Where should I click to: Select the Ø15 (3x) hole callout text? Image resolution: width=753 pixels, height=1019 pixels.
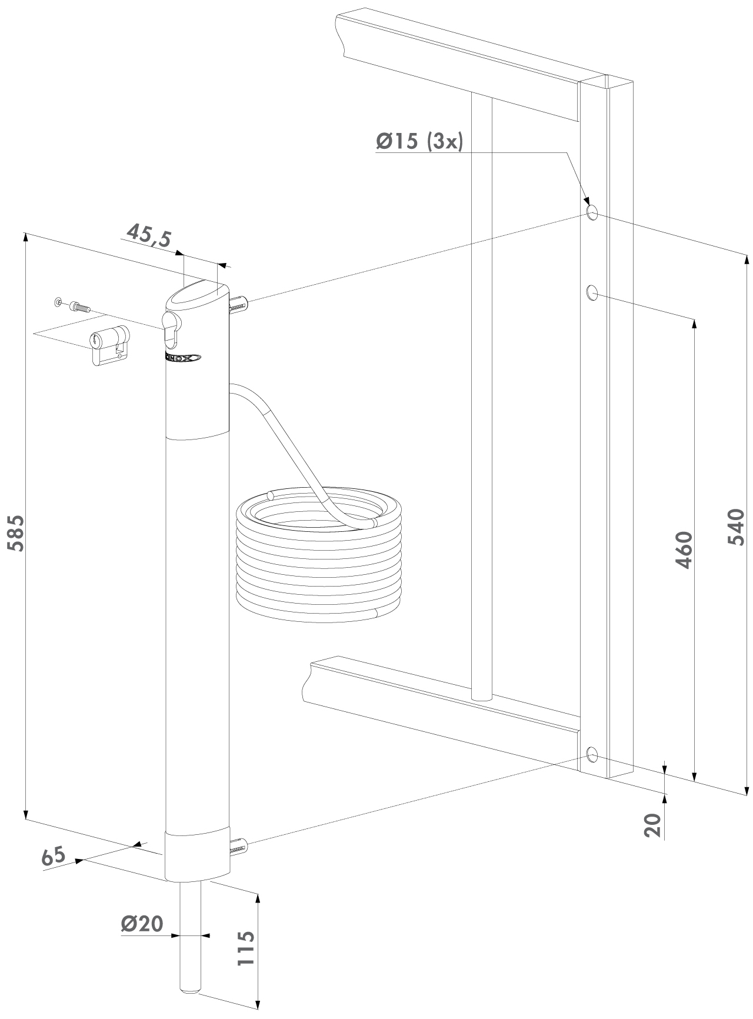coord(419,141)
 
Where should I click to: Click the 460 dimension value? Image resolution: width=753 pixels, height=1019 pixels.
coord(683,551)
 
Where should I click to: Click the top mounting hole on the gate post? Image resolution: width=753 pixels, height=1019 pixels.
coord(592,212)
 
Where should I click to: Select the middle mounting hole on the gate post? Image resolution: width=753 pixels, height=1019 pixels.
coord(592,292)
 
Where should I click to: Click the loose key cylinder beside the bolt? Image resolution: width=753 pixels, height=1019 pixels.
coord(109,345)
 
